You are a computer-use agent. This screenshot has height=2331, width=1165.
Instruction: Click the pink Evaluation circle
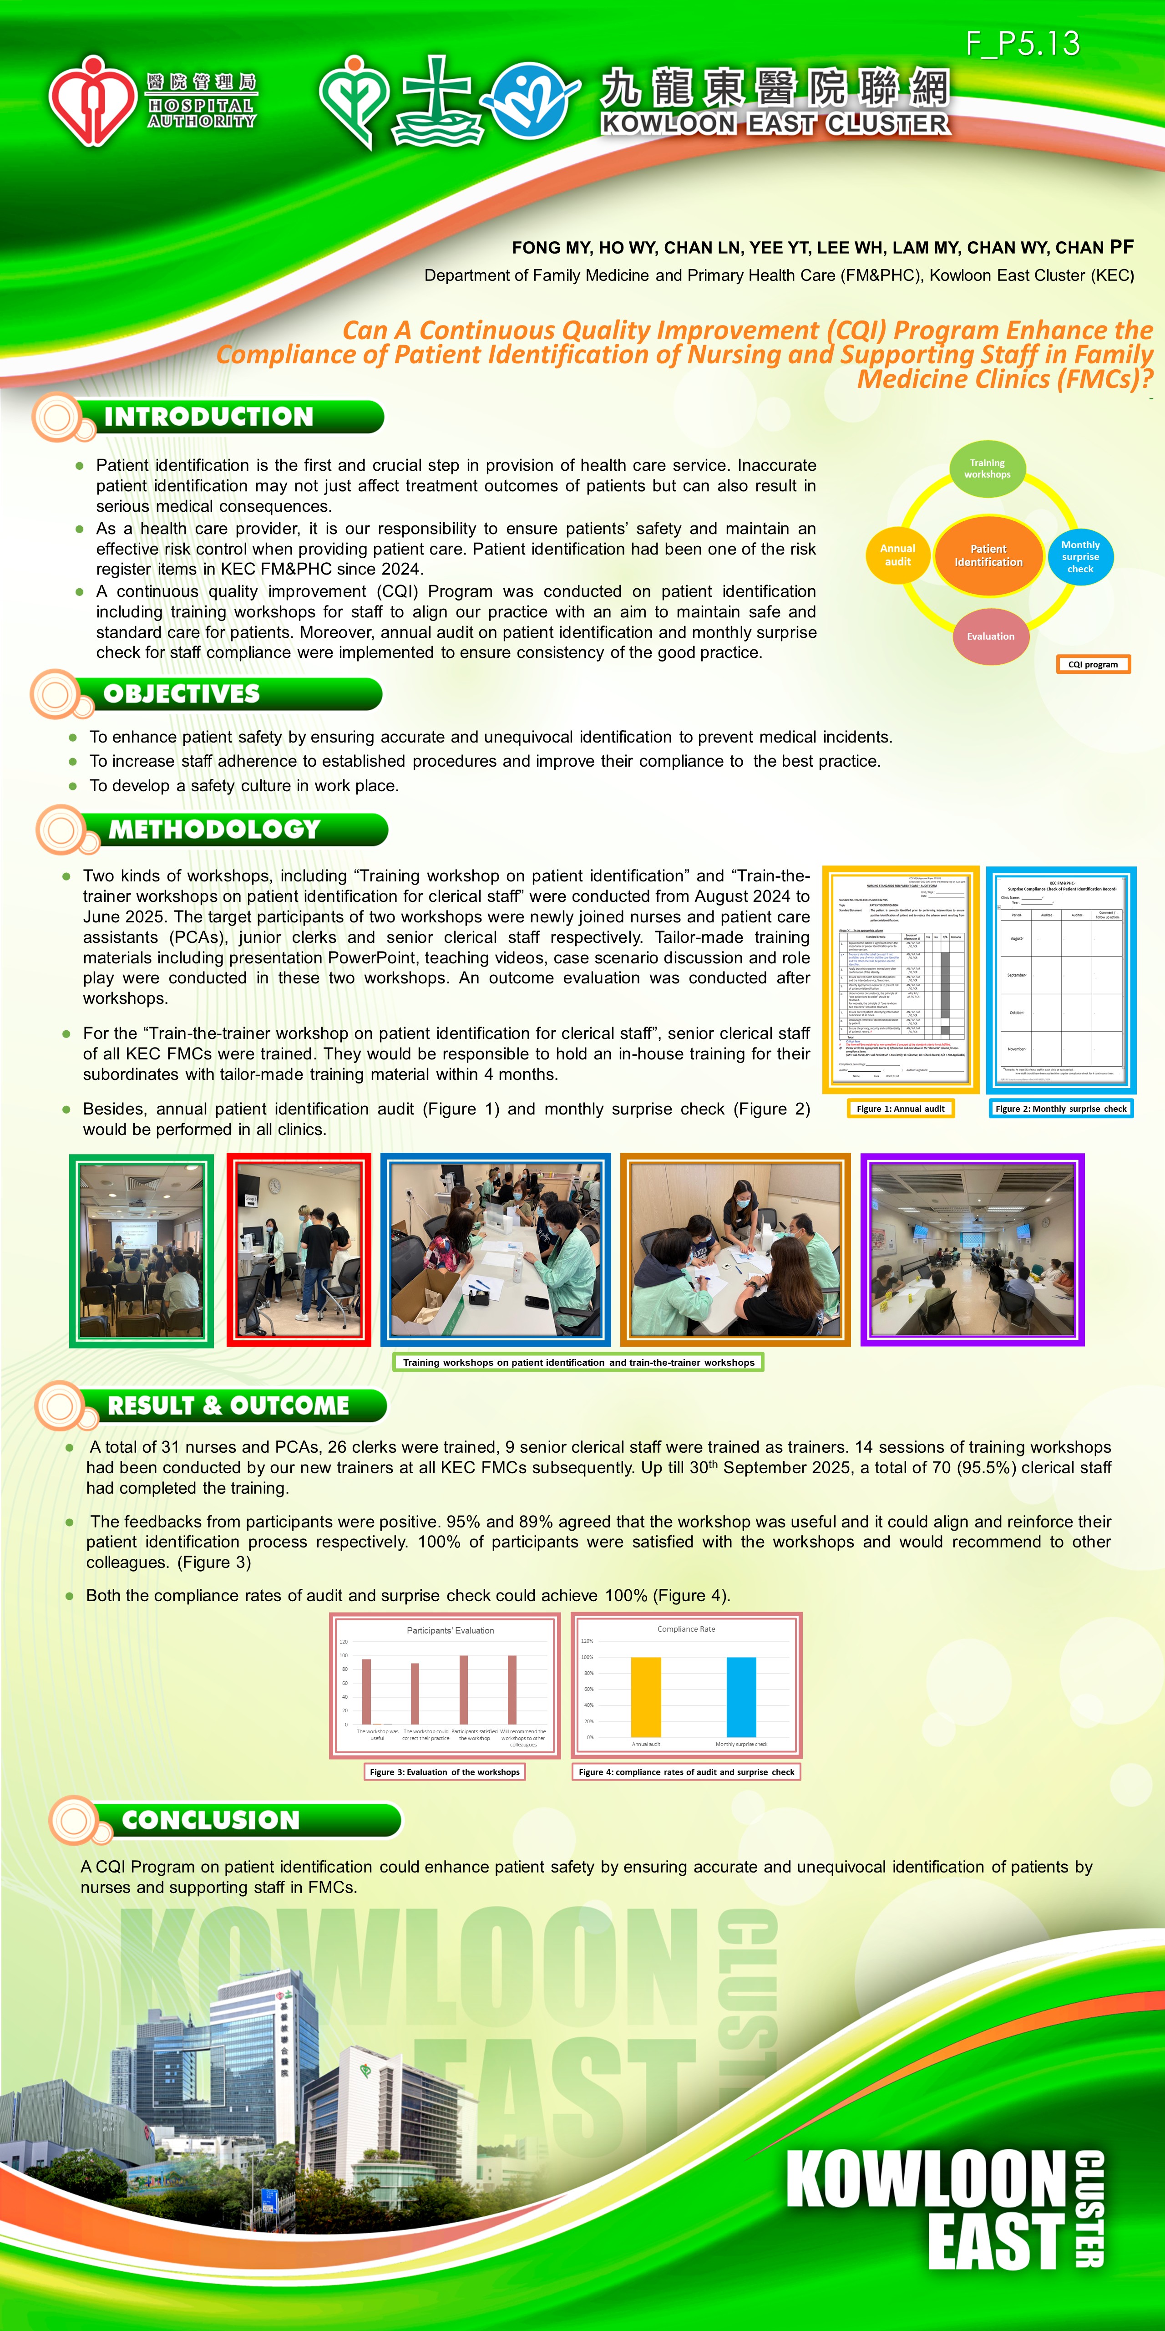pos(990,636)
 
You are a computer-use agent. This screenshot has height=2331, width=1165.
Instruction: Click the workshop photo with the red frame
pos(299,1250)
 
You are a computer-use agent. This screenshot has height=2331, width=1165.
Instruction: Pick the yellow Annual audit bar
pos(646,1697)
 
